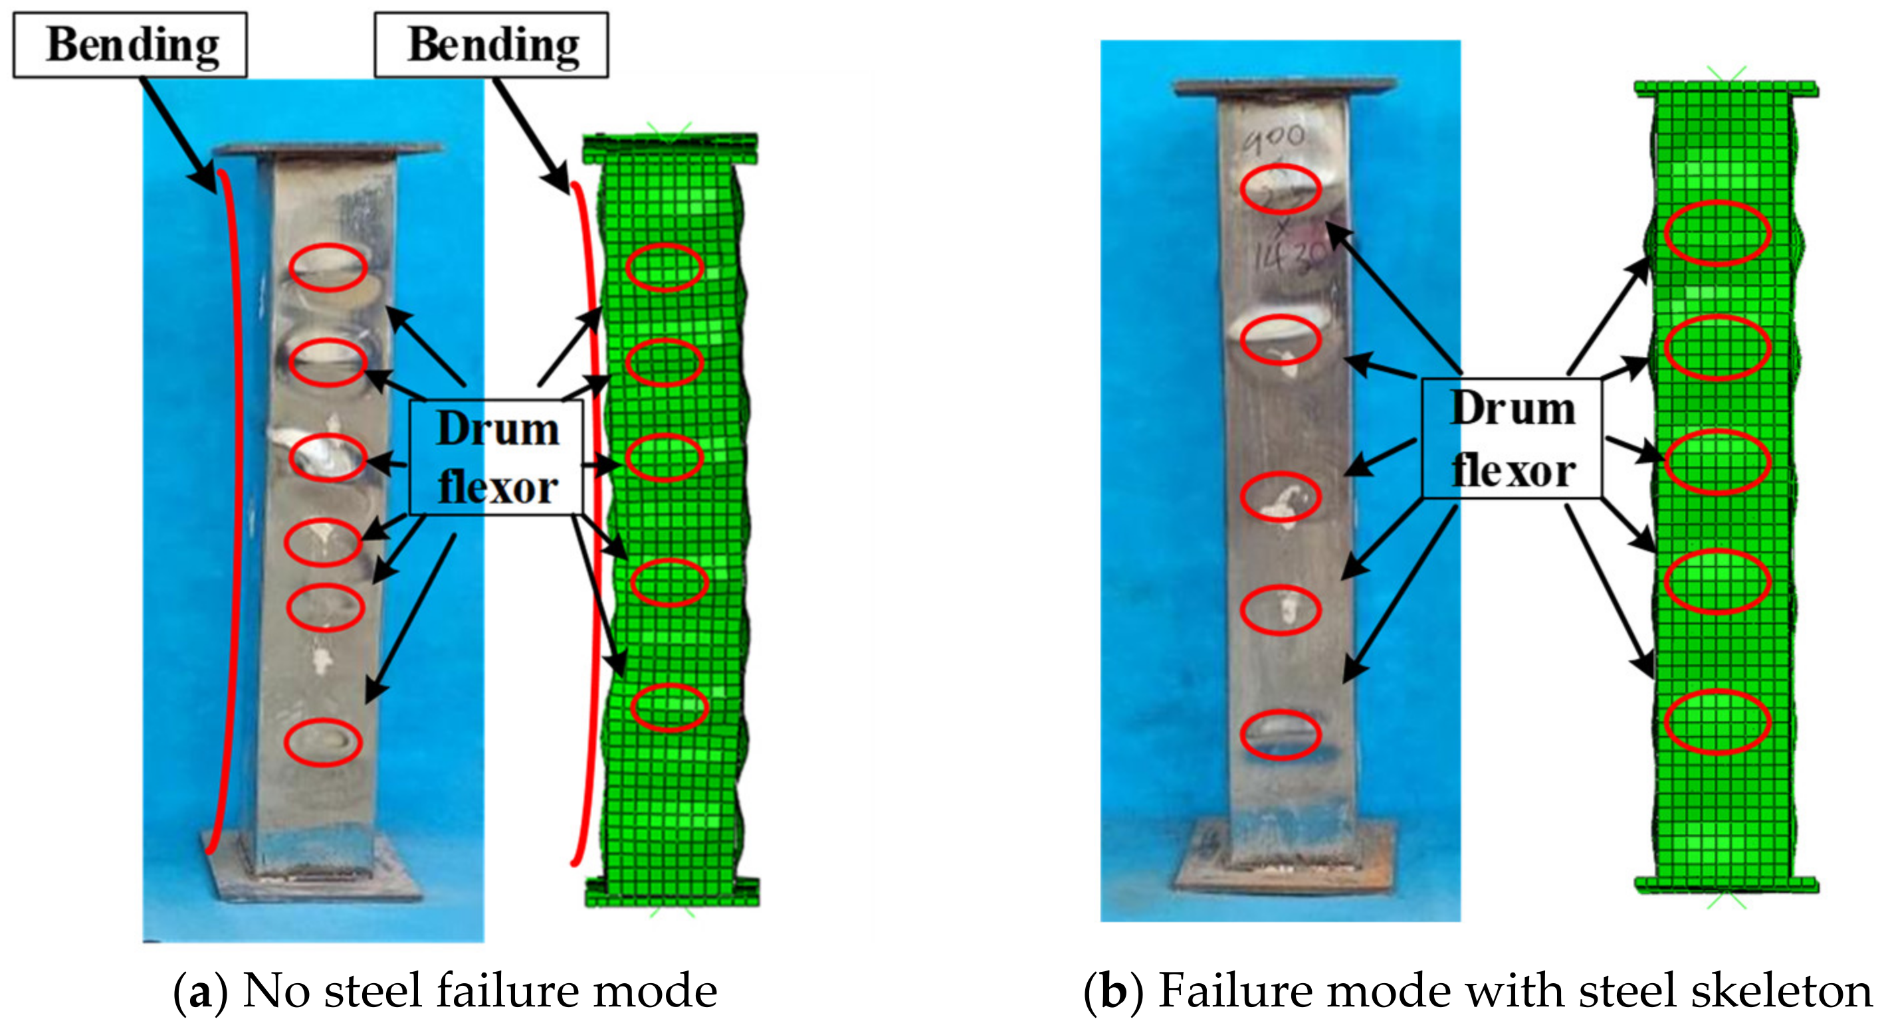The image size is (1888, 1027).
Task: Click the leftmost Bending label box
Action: tap(130, 45)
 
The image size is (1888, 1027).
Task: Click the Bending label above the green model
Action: tap(491, 45)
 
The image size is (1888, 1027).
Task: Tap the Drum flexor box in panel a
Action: tap(497, 458)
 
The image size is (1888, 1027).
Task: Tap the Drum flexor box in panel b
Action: tap(1512, 438)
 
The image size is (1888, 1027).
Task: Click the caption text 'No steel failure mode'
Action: tap(479, 991)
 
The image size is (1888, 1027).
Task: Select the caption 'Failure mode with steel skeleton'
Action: tap(1515, 991)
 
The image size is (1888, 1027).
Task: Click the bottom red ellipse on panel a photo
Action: tap(323, 742)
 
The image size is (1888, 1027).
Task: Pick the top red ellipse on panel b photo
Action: tap(1281, 189)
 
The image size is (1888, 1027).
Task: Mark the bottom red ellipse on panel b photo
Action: tap(1281, 734)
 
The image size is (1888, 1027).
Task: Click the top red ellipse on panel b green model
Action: tap(1717, 233)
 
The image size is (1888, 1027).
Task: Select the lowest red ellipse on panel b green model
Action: tap(1717, 721)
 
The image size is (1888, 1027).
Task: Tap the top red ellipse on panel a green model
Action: tap(664, 267)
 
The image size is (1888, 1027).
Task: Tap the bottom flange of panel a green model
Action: tap(671, 891)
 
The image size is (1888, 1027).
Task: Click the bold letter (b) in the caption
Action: tap(1112, 991)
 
